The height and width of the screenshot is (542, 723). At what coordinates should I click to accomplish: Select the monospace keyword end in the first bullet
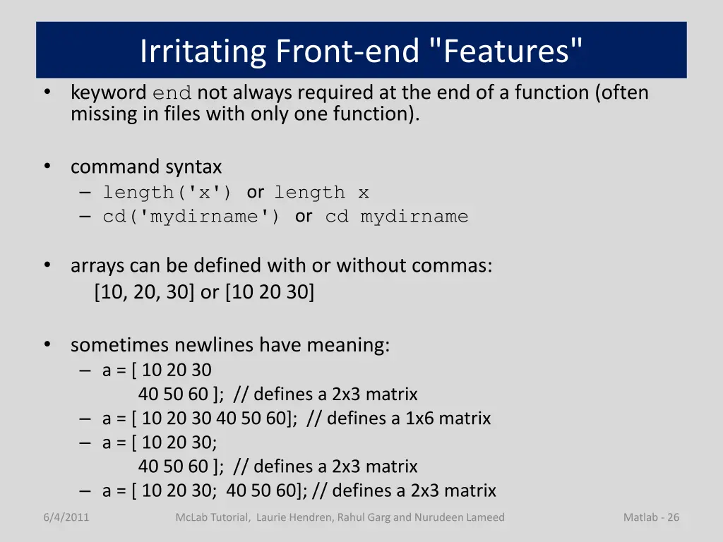coord(172,93)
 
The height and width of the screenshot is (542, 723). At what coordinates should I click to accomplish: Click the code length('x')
coord(167,192)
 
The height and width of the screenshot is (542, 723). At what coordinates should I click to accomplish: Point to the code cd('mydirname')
coord(191,217)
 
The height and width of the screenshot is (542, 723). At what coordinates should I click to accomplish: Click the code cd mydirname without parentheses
coord(397,217)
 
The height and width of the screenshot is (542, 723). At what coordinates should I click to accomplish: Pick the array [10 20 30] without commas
coord(270,292)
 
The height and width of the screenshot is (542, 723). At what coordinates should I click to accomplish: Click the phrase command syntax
coord(146,167)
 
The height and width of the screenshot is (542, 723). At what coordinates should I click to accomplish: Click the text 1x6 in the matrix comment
coord(419,418)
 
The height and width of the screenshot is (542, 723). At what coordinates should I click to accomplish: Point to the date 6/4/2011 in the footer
coord(66,517)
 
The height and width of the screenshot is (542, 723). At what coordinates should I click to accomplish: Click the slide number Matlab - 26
coord(651,517)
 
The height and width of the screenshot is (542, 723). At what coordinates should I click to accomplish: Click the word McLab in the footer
coord(191,517)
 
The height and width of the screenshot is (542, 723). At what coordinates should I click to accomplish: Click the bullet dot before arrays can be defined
coord(47,265)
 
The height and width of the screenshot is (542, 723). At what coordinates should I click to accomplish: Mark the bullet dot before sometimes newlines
coord(47,344)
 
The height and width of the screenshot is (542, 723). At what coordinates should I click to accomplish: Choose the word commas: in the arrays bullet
coord(452,266)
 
